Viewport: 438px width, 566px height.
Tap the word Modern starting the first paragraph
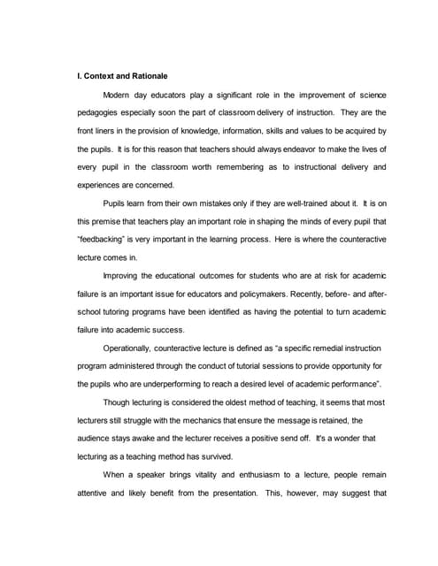119,94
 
